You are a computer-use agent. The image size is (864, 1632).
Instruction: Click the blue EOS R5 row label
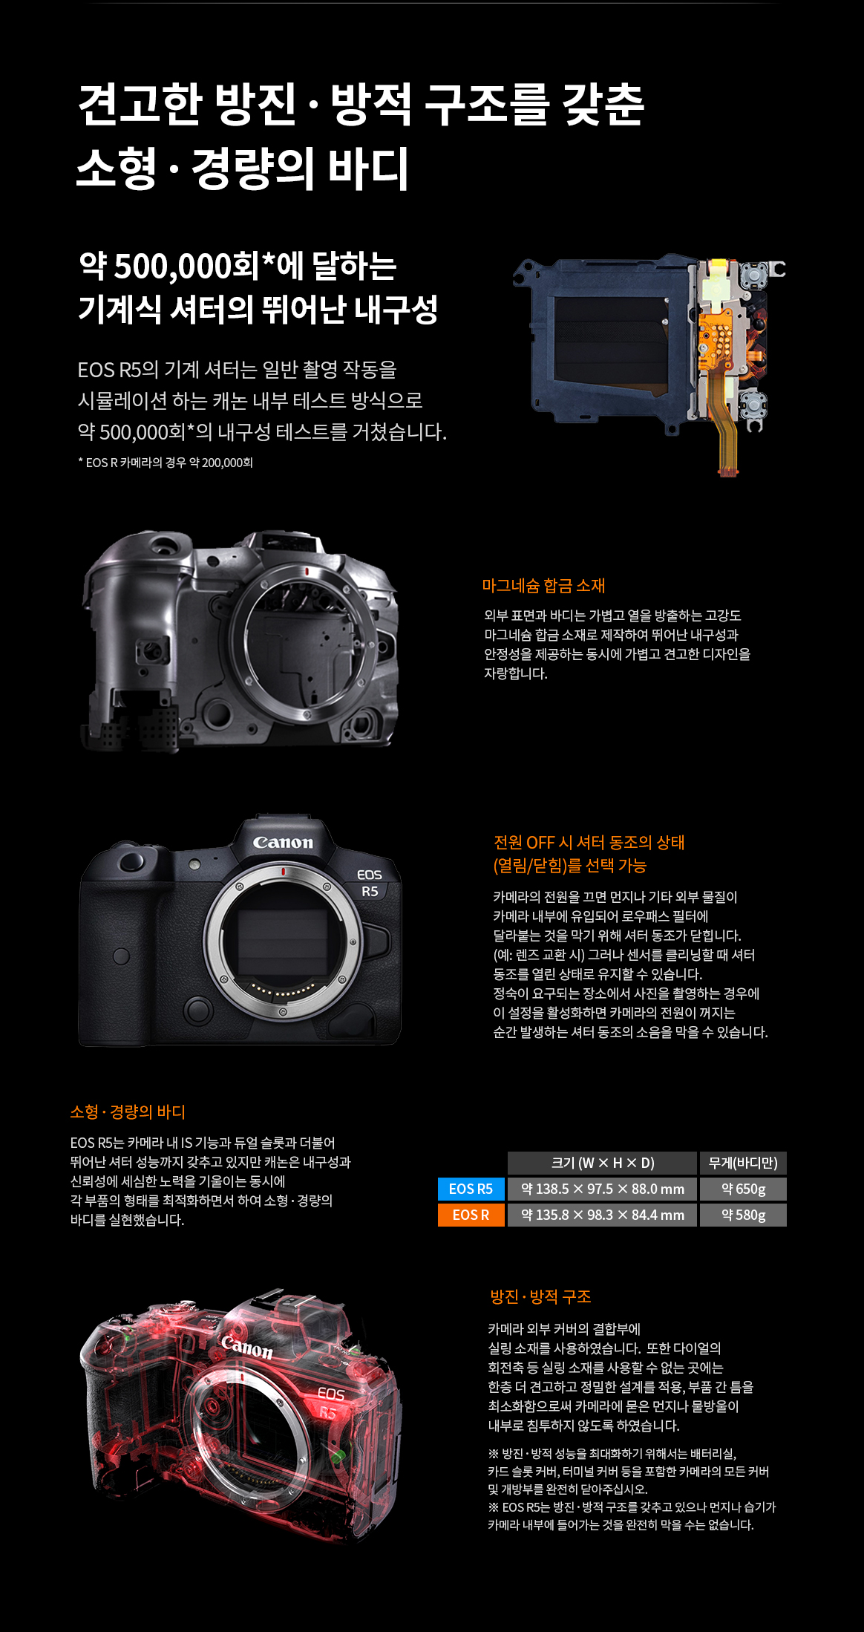tap(471, 1189)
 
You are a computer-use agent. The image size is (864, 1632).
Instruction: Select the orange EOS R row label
tap(471, 1215)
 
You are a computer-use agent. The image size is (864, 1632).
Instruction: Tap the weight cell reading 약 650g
tap(743, 1189)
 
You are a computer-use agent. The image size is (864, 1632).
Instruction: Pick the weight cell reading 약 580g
tap(743, 1215)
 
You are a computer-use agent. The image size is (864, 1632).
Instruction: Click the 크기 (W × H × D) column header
tap(602, 1163)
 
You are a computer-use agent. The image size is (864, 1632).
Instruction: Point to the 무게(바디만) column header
tap(743, 1163)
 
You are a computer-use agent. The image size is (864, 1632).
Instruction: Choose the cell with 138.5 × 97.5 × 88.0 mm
tap(602, 1189)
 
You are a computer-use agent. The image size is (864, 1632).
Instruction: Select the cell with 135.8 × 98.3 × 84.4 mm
tap(602, 1215)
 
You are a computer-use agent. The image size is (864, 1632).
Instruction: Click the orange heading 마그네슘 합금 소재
tap(543, 586)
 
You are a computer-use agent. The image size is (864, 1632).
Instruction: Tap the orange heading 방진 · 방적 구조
tap(540, 1296)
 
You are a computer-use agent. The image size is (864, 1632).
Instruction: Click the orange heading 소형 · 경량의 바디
tap(128, 1112)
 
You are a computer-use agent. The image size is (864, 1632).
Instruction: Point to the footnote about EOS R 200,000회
tap(166, 463)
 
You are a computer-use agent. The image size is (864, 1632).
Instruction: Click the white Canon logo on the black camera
tap(283, 842)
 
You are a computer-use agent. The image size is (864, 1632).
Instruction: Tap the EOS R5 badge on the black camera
tap(369, 883)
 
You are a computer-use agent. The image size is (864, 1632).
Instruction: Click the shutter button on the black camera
tap(132, 861)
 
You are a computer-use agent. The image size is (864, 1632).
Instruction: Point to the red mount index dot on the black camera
tap(284, 871)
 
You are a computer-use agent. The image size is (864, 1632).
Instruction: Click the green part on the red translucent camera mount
tap(338, 1455)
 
